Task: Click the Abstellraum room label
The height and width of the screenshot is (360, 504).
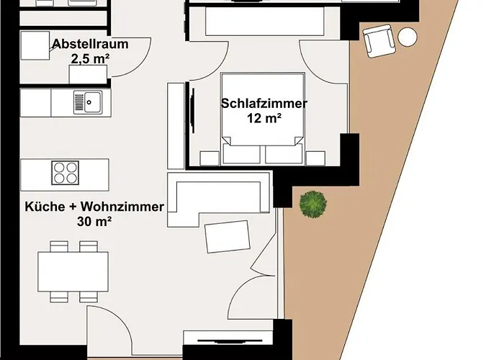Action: click(x=90, y=44)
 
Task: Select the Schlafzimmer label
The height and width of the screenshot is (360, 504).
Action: click(x=264, y=104)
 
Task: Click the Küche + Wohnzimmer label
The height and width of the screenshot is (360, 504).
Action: click(x=94, y=207)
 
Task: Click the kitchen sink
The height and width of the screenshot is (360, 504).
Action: click(x=88, y=102)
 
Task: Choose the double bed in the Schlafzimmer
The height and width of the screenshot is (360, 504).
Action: click(x=261, y=119)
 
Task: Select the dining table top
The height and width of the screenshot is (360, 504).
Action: click(x=73, y=271)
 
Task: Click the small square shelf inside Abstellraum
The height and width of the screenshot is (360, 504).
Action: click(x=33, y=46)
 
